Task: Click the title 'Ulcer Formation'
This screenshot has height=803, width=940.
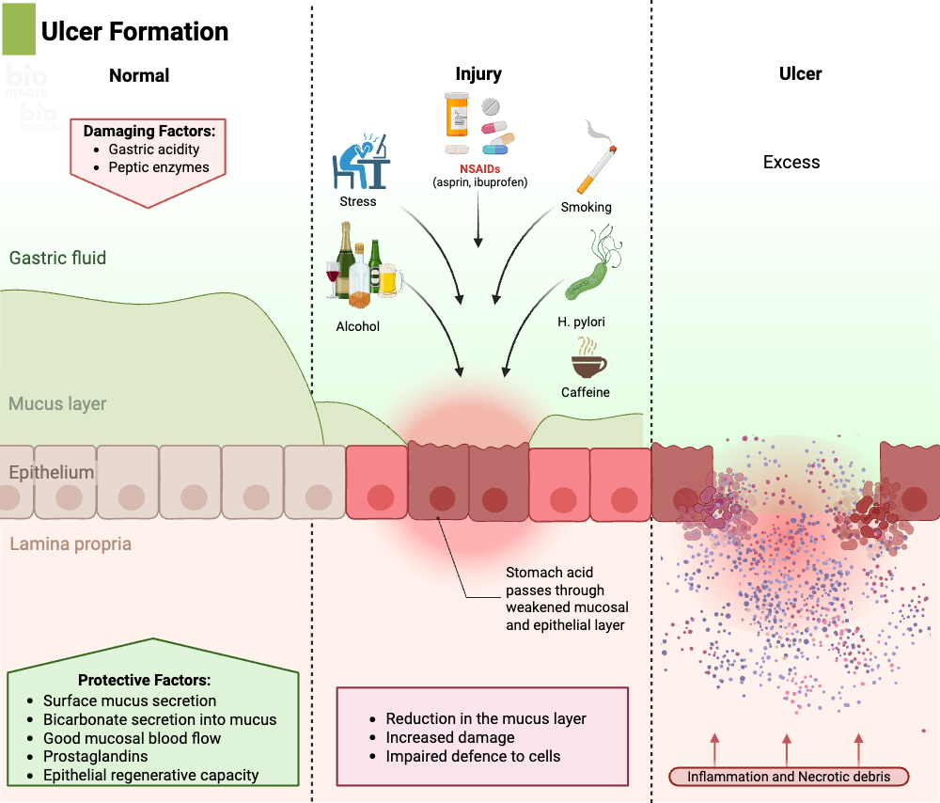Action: (134, 31)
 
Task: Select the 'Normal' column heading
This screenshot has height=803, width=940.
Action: (139, 76)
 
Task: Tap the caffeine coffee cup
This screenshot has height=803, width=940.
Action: (588, 363)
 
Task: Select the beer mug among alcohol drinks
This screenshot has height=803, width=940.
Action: (390, 278)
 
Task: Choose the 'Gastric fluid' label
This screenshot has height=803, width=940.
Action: (57, 258)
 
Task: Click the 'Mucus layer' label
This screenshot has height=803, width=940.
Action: (57, 403)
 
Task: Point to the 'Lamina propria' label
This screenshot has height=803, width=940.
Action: (70, 543)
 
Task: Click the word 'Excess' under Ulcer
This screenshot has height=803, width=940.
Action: (791, 162)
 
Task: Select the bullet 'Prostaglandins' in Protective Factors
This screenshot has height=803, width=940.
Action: (95, 757)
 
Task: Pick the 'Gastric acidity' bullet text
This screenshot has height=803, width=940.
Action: (154, 149)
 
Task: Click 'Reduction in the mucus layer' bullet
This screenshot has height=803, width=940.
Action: (486, 718)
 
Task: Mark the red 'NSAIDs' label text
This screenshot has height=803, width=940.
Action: (478, 168)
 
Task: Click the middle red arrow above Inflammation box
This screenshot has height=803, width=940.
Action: (786, 749)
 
